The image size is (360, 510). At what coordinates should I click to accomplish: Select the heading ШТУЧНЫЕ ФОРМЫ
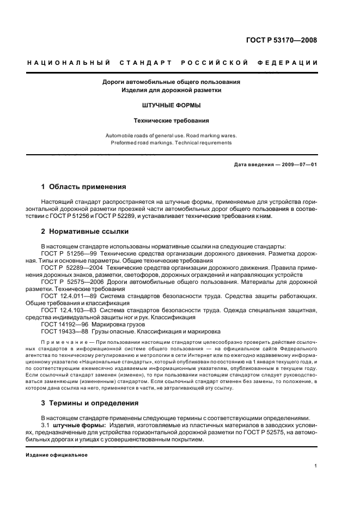coord(172,105)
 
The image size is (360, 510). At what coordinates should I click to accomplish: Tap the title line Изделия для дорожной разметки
coord(172,89)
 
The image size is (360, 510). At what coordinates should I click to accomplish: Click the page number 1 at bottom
coord(316,466)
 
